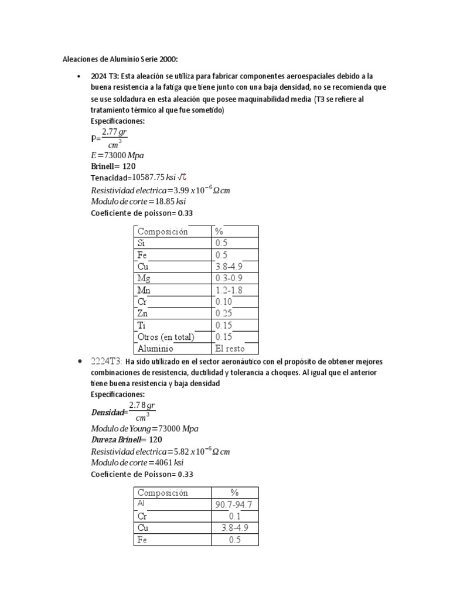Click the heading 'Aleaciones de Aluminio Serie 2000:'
[x=120, y=59]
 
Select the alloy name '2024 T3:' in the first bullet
[x=104, y=77]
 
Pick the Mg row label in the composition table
[x=144, y=278]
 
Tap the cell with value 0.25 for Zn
[x=224, y=313]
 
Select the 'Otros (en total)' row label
[x=165, y=337]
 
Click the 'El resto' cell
[x=230, y=349]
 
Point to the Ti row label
[x=141, y=325]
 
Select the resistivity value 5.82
[x=179, y=452]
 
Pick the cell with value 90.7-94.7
[x=234, y=505]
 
